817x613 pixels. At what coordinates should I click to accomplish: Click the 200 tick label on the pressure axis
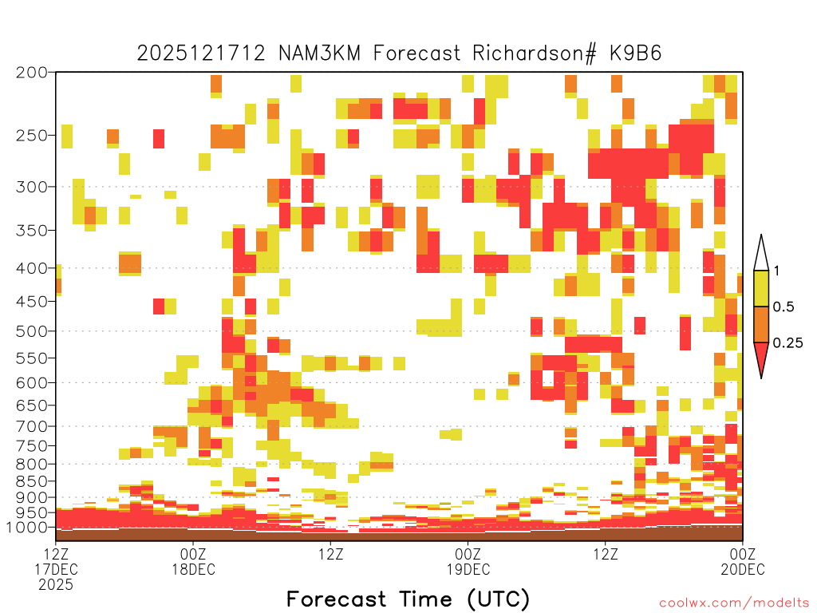(31, 73)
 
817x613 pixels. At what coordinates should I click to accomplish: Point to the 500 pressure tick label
(31, 331)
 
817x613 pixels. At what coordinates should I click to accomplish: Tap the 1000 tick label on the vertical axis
(27, 527)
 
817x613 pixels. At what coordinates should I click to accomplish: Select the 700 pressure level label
(31, 426)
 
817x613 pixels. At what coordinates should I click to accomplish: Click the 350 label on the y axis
(31, 230)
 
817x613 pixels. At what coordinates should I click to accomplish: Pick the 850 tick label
(31, 481)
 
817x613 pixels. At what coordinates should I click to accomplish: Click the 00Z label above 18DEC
(193, 554)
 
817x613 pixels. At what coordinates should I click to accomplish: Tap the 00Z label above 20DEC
(743, 554)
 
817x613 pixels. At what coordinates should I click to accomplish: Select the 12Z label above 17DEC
(56, 554)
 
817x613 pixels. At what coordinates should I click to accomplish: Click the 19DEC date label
(468, 569)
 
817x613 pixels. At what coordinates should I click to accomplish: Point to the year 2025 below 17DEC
(56, 585)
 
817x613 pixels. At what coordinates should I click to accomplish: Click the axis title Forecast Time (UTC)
(408, 599)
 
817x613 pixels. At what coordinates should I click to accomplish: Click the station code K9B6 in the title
(636, 53)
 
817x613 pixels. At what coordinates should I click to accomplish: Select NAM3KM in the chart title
(319, 53)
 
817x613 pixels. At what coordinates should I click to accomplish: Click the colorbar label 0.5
(783, 307)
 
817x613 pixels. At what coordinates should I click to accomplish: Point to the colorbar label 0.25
(787, 343)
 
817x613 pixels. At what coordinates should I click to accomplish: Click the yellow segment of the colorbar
(761, 288)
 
